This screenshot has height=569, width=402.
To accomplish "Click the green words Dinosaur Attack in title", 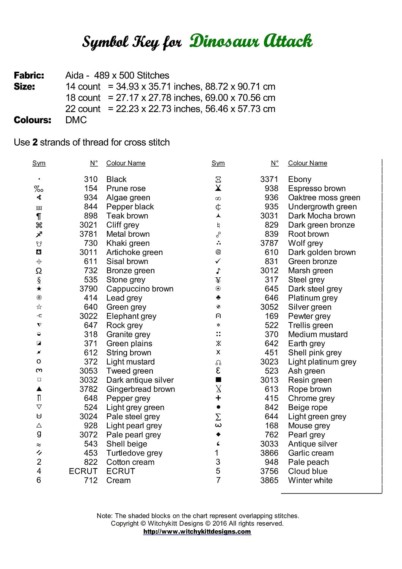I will click(251, 41).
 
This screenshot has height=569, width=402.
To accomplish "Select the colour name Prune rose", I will click(126, 189).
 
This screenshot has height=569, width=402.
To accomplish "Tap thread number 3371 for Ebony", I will click(269, 179).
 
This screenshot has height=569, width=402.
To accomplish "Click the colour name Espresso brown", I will click(317, 189).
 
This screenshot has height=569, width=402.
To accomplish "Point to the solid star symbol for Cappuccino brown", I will click(39, 289).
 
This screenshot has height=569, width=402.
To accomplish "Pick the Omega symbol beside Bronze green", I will click(39, 271).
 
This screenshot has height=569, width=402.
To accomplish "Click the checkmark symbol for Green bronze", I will click(218, 261).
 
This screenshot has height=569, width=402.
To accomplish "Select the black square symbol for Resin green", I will click(218, 380).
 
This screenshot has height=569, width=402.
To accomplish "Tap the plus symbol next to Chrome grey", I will click(218, 398).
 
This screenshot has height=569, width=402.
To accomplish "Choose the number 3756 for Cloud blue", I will click(269, 471).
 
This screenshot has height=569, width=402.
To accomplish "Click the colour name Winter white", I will click(310, 480).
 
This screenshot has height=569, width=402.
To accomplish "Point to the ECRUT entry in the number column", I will click(83, 471).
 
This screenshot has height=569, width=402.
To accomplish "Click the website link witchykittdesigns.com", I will click(197, 531).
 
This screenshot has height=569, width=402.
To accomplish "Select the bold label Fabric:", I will click(29, 75).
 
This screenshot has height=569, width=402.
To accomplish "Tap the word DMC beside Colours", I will click(76, 120).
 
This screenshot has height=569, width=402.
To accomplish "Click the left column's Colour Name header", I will click(126, 163).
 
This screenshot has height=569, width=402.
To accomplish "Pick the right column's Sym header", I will click(218, 163).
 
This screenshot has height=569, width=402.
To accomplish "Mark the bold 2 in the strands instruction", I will click(35, 142).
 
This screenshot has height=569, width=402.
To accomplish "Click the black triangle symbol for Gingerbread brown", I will click(39, 389).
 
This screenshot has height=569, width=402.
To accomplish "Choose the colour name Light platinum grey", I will click(322, 362).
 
